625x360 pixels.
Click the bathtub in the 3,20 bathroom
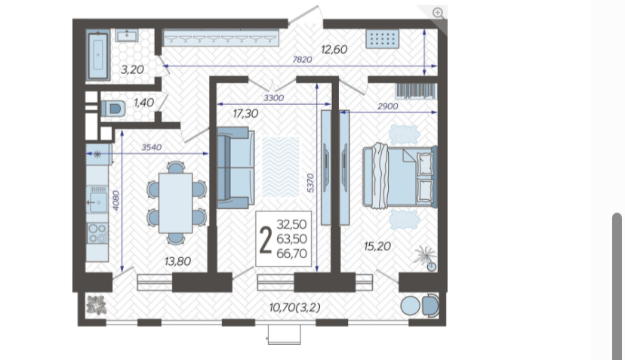pyautogui.click(x=98, y=55)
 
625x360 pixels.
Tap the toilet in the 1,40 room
pyautogui.click(x=113, y=109)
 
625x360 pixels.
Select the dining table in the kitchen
pyautogui.click(x=175, y=203)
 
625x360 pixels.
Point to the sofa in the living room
pyautogui.click(x=236, y=168)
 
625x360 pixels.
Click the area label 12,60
pyautogui.click(x=334, y=50)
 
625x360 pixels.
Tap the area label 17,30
pyautogui.click(x=245, y=114)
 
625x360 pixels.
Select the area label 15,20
pyautogui.click(x=377, y=246)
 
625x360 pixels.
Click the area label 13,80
pyautogui.click(x=178, y=262)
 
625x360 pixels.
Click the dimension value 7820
pyautogui.click(x=302, y=60)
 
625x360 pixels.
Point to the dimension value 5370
pyautogui.click(x=311, y=183)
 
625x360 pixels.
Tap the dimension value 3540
pyautogui.click(x=152, y=147)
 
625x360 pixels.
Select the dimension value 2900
pyautogui.click(x=388, y=106)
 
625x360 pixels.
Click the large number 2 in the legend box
pyautogui.click(x=266, y=239)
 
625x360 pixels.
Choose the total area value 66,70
pyautogui.click(x=291, y=254)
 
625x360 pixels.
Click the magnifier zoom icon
pyautogui.click(x=438, y=13)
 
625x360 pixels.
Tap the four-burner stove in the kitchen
pyautogui.click(x=97, y=233)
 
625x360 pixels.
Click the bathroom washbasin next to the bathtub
pyautogui.click(x=127, y=35)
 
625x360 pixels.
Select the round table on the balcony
pyautogui.click(x=410, y=306)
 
